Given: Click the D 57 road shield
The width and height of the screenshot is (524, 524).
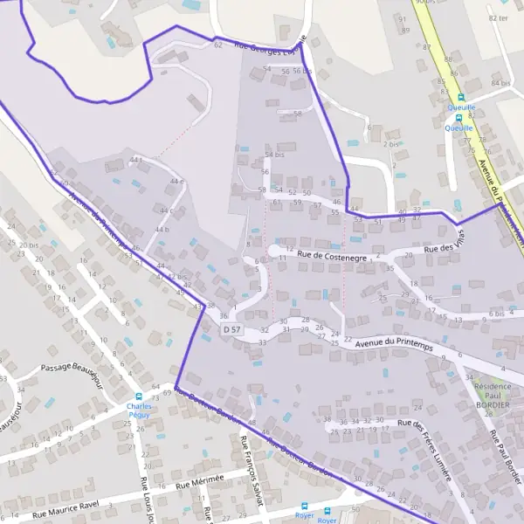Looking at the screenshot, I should pos(231,329).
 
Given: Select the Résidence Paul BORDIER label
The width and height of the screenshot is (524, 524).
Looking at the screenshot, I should pos(495,395).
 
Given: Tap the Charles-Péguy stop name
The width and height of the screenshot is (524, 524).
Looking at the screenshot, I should pos(139,410).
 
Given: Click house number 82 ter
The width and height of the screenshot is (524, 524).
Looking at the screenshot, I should pos(499,17).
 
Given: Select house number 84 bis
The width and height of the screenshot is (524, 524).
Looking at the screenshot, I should pos(500,83).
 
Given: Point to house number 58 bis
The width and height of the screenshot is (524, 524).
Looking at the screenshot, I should pos(274,154).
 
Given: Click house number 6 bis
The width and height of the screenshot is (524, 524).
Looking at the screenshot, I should pos(497,314).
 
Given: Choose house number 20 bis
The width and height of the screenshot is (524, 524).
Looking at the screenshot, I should pos(28,245).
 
